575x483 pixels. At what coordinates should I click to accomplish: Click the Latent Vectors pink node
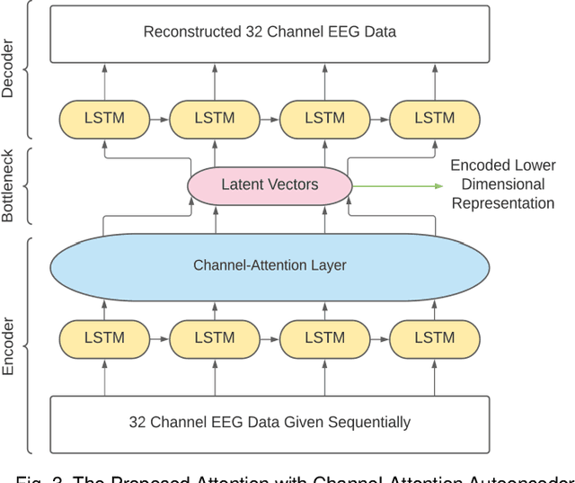270,185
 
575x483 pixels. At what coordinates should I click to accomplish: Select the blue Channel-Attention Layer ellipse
270,265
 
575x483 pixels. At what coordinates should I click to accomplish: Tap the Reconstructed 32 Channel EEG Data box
270,32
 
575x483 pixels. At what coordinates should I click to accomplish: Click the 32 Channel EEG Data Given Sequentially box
270,422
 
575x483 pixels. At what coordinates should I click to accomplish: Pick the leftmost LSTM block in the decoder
104,118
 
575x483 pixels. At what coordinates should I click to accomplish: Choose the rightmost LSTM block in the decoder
435,118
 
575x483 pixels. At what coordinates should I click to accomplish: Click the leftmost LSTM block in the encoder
104,338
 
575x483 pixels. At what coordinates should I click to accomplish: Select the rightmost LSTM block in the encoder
435,338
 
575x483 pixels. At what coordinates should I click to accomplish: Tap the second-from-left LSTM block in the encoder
215,338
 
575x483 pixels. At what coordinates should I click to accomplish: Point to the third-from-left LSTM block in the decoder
324,118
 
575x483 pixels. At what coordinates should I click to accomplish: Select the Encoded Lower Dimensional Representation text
502,184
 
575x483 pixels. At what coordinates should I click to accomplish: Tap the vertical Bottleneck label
9,185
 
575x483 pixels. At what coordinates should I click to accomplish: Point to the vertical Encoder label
9,346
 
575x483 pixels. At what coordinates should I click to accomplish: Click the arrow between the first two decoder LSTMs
159,118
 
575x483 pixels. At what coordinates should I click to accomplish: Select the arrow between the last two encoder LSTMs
379,338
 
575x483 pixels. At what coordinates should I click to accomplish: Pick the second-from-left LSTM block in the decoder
215,118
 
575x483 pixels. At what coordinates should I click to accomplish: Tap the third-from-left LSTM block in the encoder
324,338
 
